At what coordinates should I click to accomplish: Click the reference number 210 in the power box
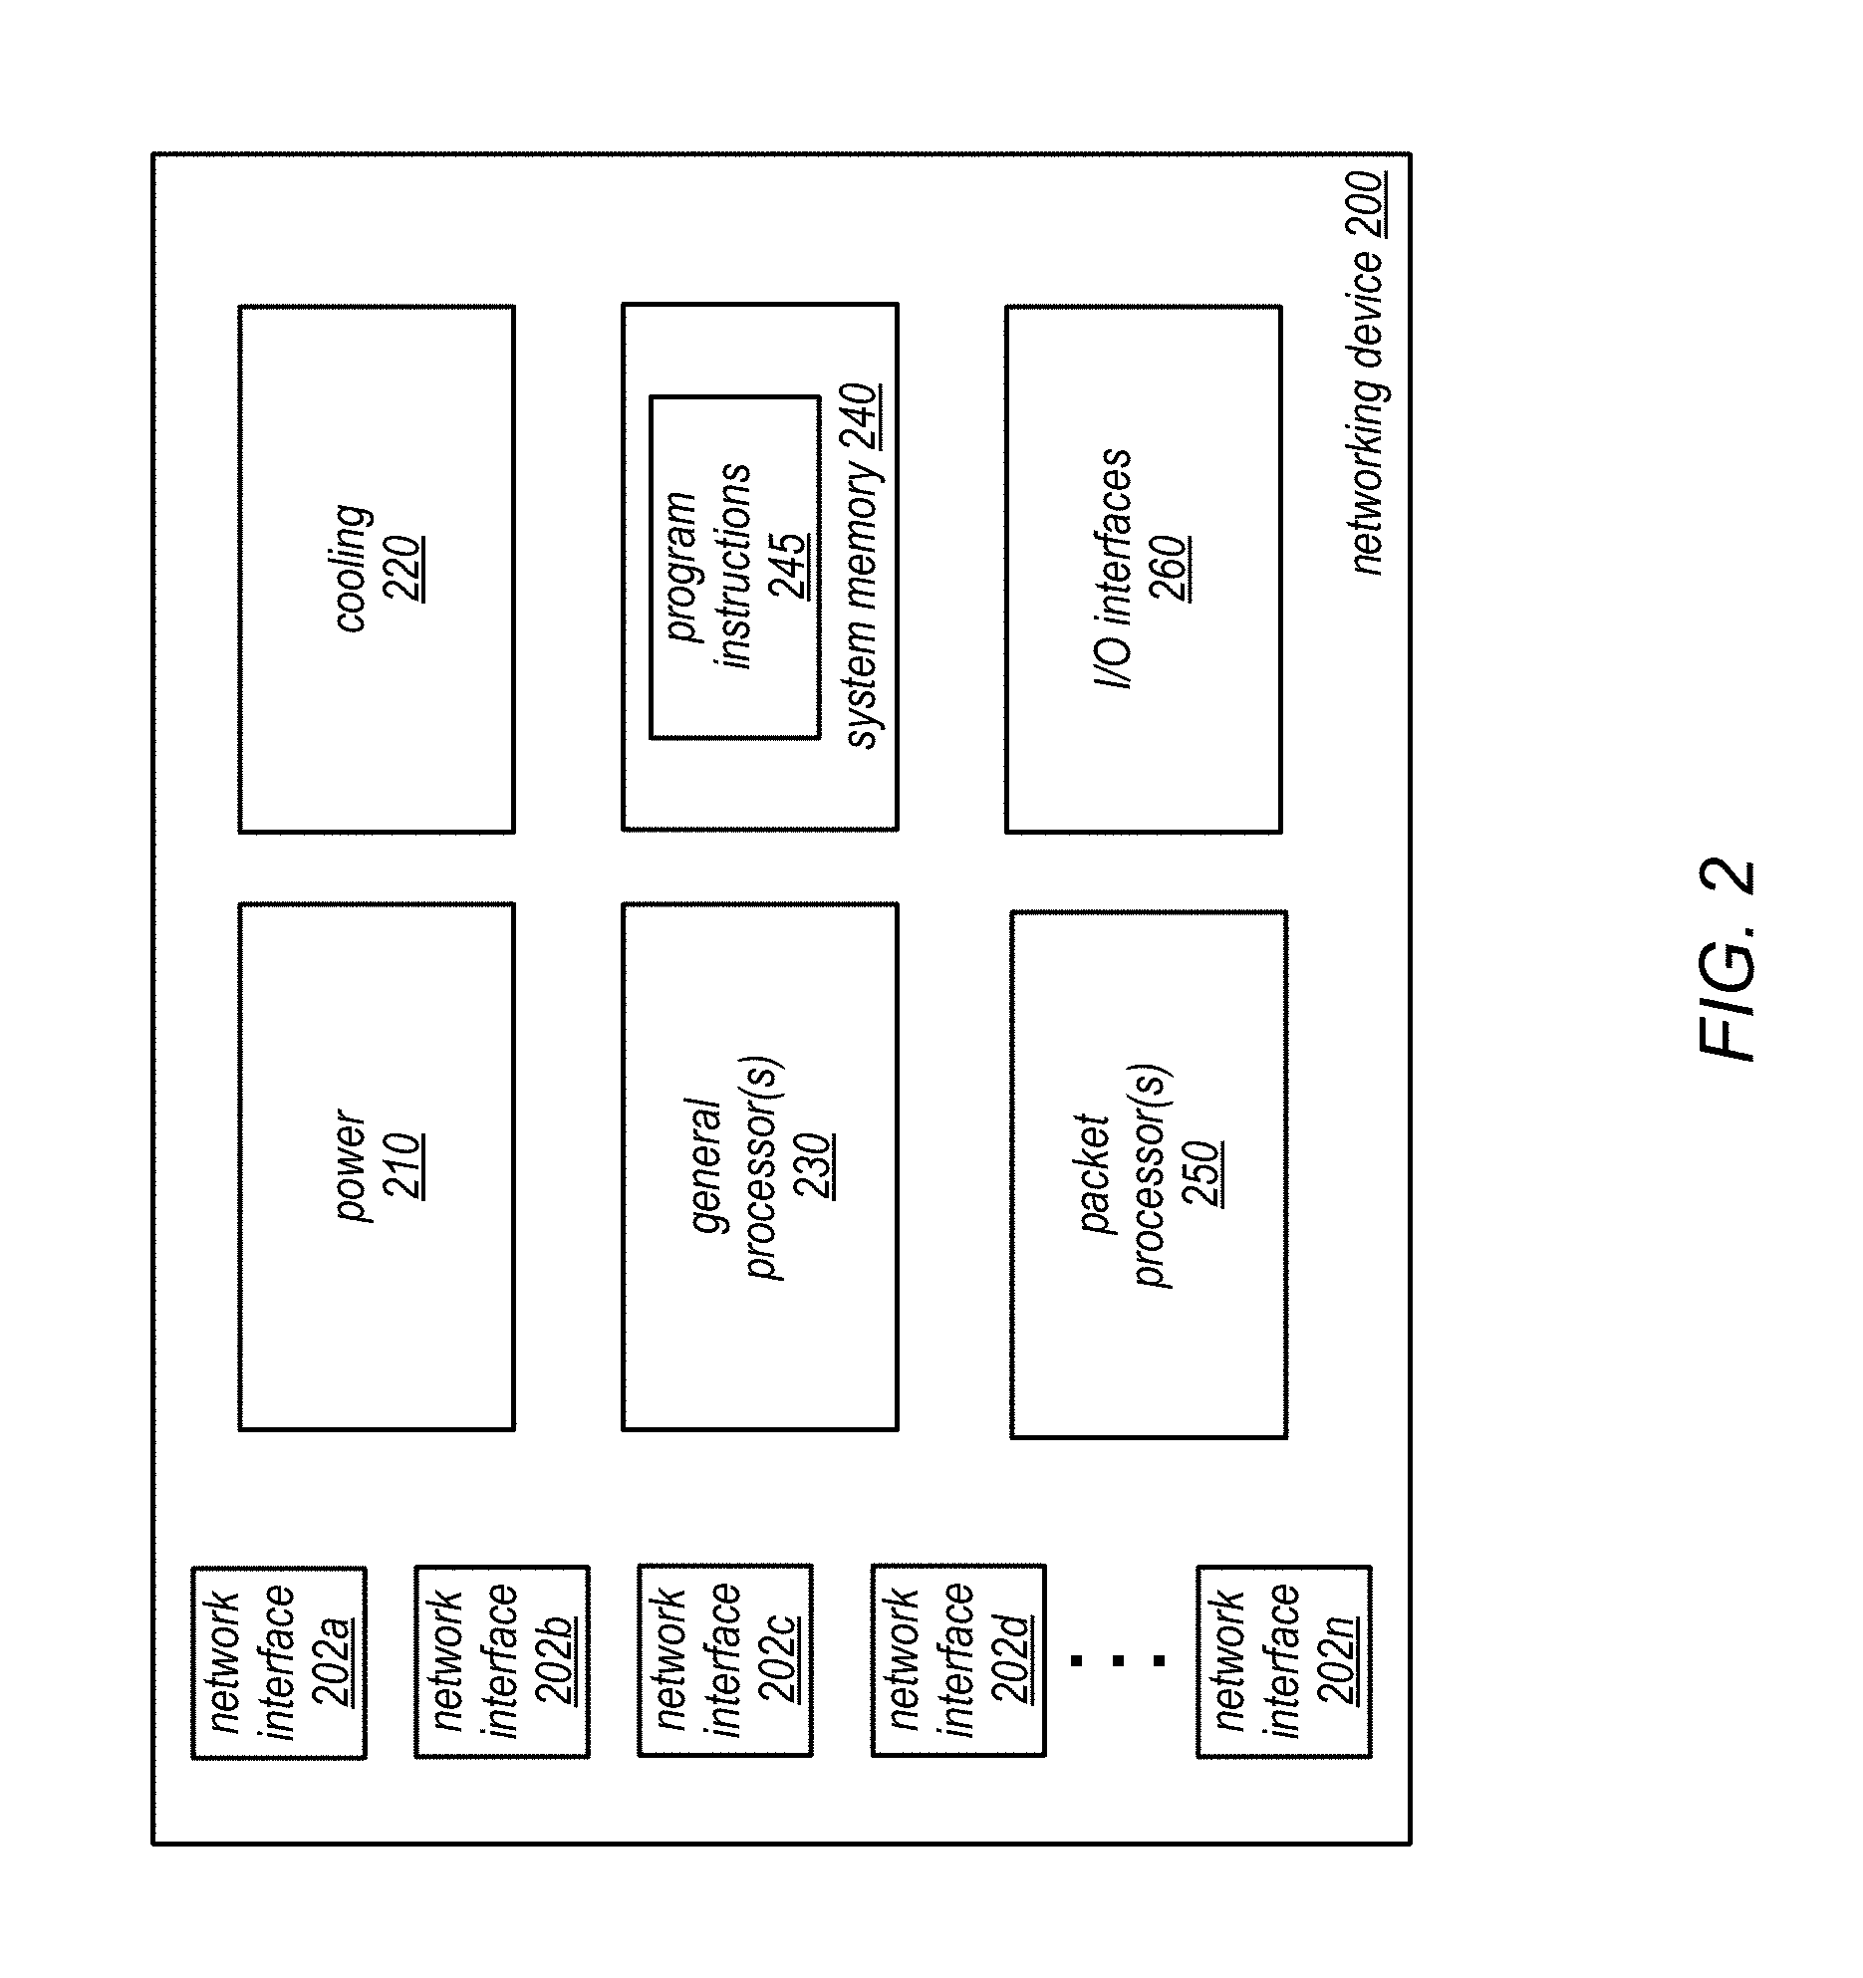(404, 1166)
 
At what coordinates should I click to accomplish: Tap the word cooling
(354, 569)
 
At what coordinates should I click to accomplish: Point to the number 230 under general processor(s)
(814, 1166)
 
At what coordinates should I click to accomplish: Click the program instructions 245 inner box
(735, 567)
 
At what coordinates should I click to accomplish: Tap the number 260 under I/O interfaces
(1169, 569)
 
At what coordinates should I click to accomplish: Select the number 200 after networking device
(1369, 205)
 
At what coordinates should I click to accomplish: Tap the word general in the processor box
(706, 1166)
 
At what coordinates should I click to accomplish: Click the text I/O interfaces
(1115, 569)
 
